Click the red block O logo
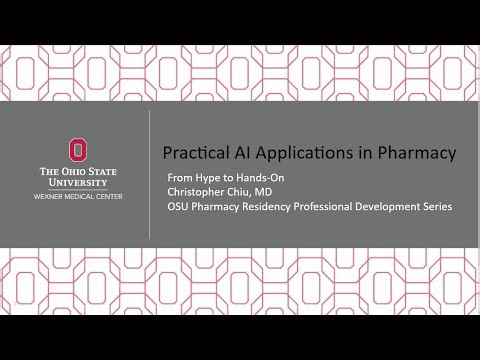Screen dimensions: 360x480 (76, 150)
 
